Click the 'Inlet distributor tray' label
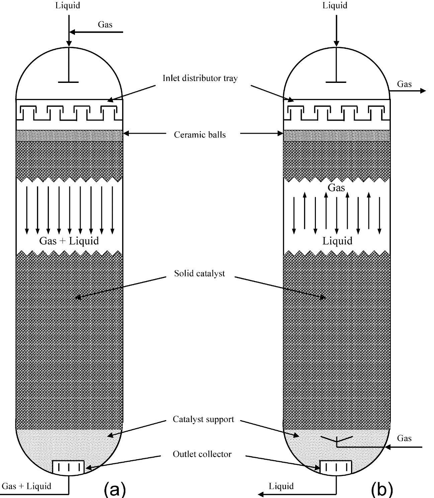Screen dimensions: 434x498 (x=200, y=78)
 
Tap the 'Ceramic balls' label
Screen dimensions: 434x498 (x=200, y=135)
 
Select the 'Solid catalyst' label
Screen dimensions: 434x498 (x=199, y=273)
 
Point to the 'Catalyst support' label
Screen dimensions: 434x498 (x=203, y=419)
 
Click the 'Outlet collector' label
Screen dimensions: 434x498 (x=202, y=454)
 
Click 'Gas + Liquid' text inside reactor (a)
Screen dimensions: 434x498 (x=69, y=241)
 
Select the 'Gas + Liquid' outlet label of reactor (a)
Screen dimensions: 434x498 (x=26, y=486)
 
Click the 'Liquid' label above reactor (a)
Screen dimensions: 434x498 (x=68, y=6)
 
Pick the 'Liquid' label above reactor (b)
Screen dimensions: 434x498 (x=335, y=6)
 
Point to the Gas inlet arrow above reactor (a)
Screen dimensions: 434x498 (x=96, y=32)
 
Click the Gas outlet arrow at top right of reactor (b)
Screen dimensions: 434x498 (x=408, y=91)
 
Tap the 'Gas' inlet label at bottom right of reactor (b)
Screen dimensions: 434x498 (x=404, y=438)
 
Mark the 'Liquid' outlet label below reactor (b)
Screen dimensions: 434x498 (x=281, y=486)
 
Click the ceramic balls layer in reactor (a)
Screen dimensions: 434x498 (x=69, y=136)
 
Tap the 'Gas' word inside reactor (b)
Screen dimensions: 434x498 (x=336, y=188)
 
